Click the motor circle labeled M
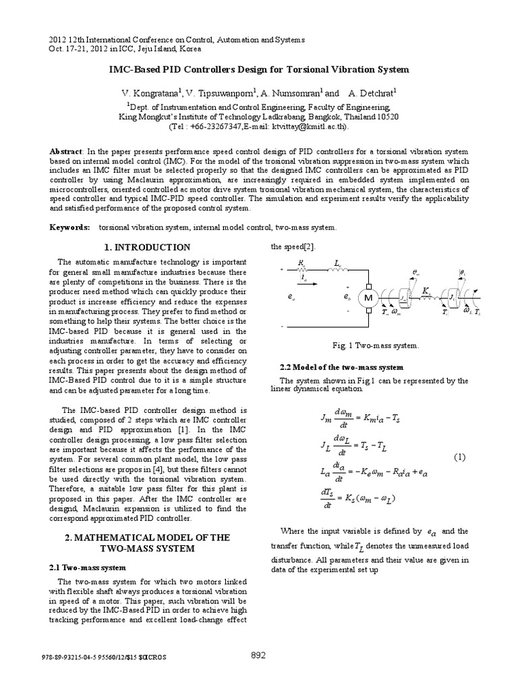coord(369,298)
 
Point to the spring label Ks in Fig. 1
coord(426,290)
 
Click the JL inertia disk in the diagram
coord(451,298)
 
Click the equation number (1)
coord(459,457)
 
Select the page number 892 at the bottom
coord(258,655)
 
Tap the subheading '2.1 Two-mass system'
coord(88,568)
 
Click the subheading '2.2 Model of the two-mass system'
coord(341,367)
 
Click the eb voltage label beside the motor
coord(347,297)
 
